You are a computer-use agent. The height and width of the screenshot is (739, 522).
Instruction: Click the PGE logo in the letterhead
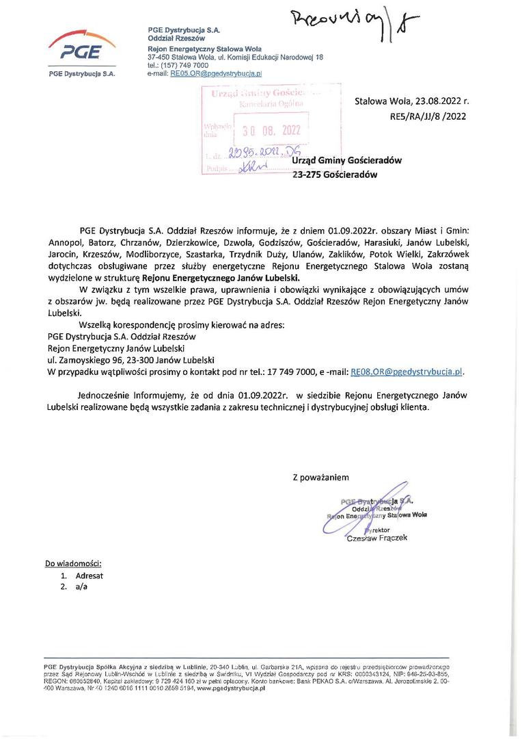click(x=81, y=48)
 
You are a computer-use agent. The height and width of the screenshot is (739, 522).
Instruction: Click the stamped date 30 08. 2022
click(x=271, y=131)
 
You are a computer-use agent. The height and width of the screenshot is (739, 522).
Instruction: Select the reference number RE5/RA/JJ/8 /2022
click(x=428, y=116)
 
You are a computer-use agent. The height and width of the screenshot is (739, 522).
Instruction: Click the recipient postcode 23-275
click(x=307, y=174)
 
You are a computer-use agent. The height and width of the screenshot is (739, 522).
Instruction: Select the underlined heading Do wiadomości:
click(x=73, y=564)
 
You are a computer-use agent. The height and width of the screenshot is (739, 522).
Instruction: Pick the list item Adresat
click(x=90, y=575)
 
